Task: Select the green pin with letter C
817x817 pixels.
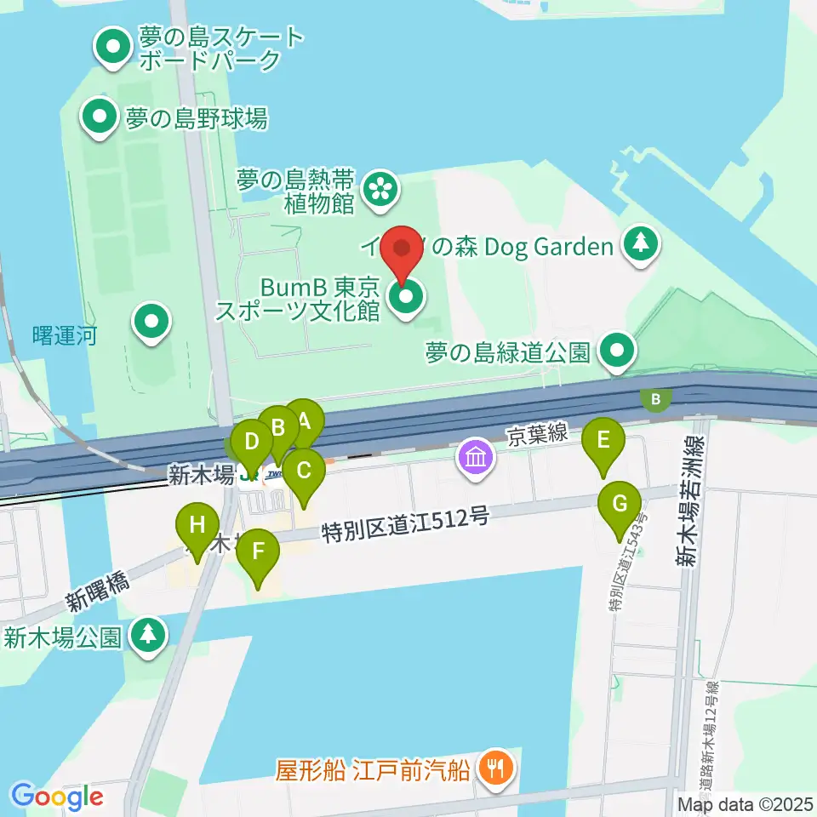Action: click(x=304, y=471)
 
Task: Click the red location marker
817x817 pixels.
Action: click(x=402, y=251)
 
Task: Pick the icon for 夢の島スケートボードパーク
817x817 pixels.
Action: click(x=111, y=49)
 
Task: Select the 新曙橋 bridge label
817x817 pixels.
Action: click(x=96, y=594)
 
